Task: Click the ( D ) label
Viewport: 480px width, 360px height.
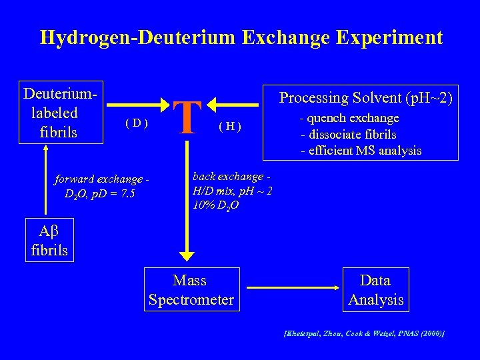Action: (136, 123)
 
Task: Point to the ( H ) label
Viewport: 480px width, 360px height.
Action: (230, 127)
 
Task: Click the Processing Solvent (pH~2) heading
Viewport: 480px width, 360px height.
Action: (365, 98)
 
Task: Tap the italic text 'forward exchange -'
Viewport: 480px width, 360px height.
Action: (101, 179)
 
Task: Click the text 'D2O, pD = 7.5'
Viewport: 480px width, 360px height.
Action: (99, 194)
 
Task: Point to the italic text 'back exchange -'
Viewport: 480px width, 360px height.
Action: (230, 177)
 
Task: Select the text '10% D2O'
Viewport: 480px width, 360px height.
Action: (215, 205)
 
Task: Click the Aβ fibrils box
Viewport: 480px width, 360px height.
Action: (49, 241)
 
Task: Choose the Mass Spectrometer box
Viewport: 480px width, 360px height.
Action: (191, 290)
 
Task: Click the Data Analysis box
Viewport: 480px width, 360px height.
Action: (375, 290)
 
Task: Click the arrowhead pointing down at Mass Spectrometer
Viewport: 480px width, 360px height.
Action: (187, 256)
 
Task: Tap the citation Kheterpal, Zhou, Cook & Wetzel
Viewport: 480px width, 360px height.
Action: (363, 332)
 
